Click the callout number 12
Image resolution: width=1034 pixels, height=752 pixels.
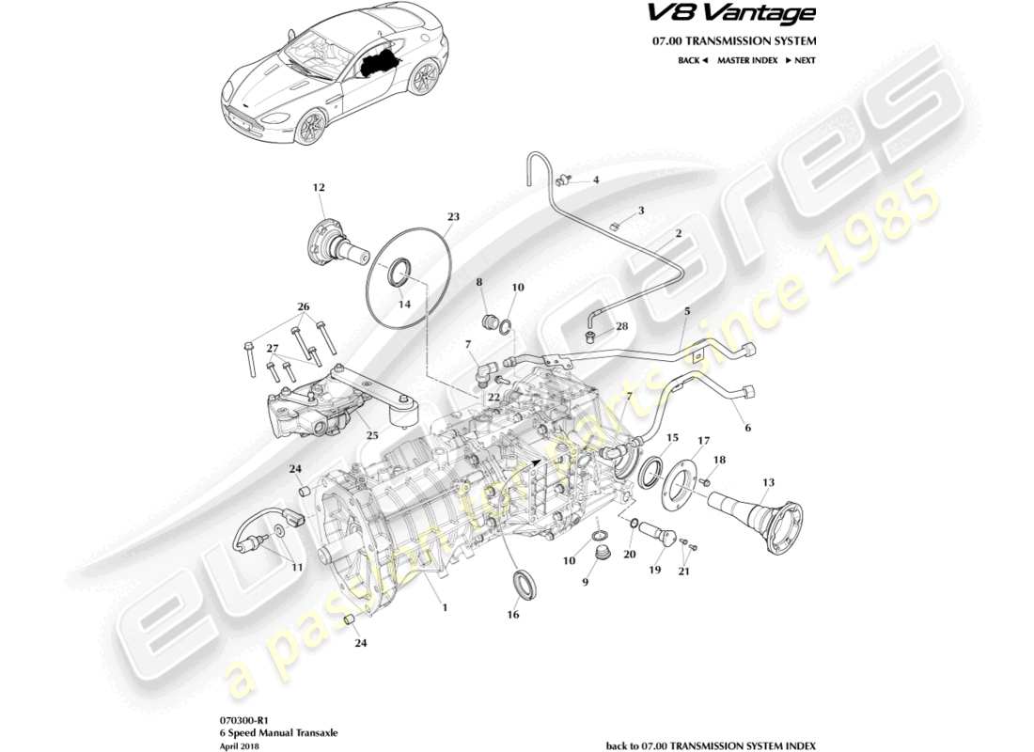[x=319, y=187]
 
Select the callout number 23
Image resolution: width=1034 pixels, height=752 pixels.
[x=453, y=216]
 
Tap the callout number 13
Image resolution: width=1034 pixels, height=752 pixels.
[x=768, y=482]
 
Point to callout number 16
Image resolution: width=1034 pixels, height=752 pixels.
[x=512, y=615]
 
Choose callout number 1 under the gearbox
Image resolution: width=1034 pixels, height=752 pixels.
[x=445, y=607]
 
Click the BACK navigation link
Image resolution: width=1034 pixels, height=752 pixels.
[x=692, y=60]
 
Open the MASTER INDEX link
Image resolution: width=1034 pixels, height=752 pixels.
[x=747, y=60]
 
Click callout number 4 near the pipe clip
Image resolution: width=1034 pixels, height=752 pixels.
[x=595, y=180]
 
